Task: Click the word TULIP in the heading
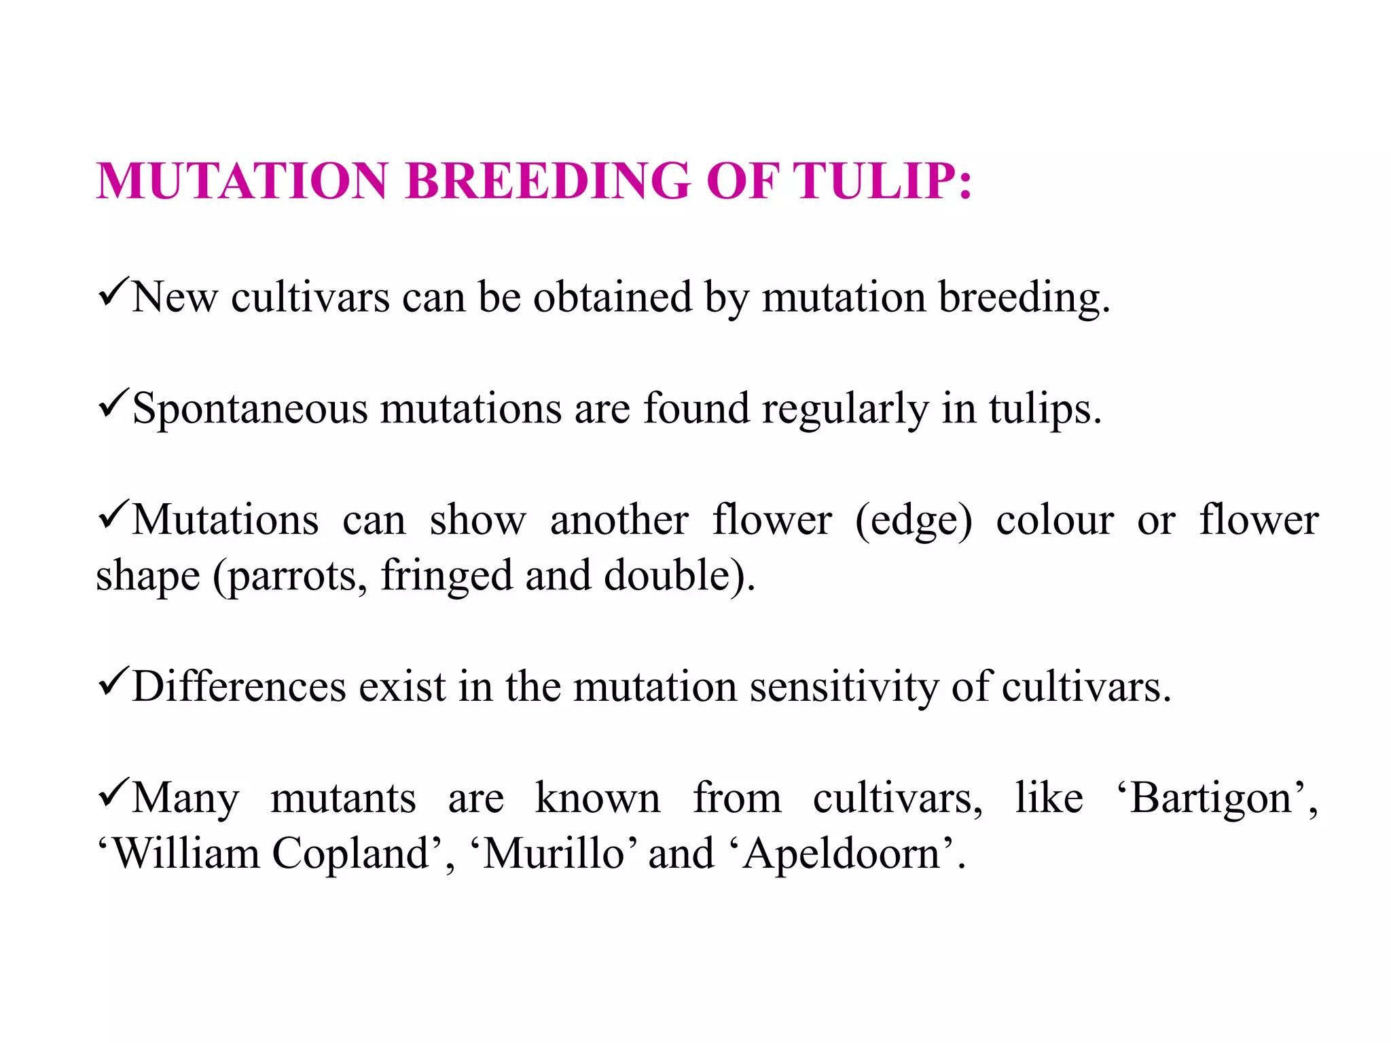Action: coord(881,181)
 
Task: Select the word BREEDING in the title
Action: coord(547,181)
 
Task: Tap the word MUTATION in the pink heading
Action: coord(242,181)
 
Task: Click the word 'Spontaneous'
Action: coord(250,409)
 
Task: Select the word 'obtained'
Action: coord(612,297)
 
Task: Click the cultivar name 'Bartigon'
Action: coord(1210,799)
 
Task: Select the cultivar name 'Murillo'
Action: coord(553,854)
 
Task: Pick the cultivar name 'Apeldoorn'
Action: coord(842,854)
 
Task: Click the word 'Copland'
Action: coord(350,854)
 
